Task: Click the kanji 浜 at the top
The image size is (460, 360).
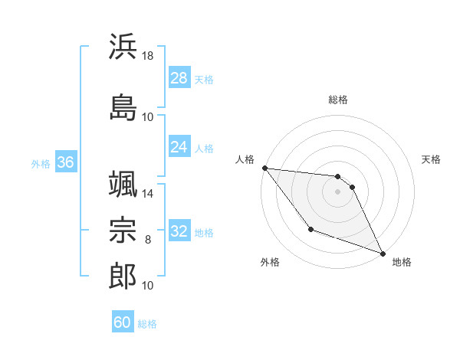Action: tap(123, 47)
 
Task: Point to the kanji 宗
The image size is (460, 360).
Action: tap(123, 231)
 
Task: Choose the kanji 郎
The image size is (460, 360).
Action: tap(123, 277)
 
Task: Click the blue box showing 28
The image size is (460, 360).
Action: tap(179, 78)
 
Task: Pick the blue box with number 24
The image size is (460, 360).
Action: tap(179, 147)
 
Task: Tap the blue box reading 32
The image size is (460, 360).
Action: tap(179, 231)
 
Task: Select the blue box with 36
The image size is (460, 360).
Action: tap(65, 162)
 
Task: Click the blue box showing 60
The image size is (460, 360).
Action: tap(123, 322)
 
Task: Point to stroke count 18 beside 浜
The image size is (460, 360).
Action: tap(149, 56)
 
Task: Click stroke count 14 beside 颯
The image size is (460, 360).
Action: tap(148, 194)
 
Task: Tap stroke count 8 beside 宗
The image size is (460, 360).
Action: tap(148, 240)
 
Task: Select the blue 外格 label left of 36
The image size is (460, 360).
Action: tap(41, 163)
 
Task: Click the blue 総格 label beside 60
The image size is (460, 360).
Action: tap(147, 324)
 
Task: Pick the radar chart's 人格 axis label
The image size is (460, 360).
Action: tap(245, 159)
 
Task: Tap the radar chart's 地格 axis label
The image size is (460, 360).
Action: tap(402, 262)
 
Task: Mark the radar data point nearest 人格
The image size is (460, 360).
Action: tap(264, 168)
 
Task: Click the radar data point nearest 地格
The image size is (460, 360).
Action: tap(383, 254)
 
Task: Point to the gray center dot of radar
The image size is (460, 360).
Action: tap(337, 191)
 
